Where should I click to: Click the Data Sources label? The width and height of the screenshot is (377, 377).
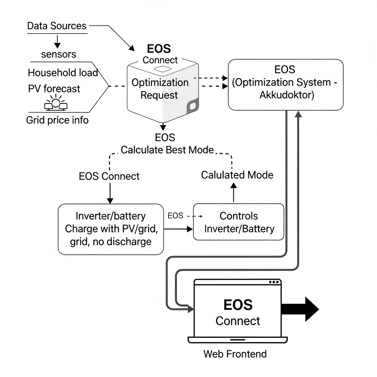coord(57,26)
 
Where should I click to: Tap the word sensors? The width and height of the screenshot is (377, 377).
coord(59,54)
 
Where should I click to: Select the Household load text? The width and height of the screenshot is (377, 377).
coord(63,73)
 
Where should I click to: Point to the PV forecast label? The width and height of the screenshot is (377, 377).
coord(54,89)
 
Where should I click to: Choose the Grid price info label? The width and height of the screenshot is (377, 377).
coord(57,120)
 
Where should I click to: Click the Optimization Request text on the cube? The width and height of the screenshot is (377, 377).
coord(160,89)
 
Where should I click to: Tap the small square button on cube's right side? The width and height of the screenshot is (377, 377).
coord(193,107)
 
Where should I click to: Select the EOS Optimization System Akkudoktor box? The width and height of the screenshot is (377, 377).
coord(285,84)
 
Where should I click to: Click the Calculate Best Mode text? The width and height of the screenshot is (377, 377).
coord(167,150)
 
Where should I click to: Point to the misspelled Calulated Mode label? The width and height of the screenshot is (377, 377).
coord(237,175)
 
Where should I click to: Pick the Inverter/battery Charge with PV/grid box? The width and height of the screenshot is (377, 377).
coord(111,229)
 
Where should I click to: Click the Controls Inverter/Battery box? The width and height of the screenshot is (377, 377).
coord(239,222)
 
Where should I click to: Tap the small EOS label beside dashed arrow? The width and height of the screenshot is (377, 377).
coord(175,216)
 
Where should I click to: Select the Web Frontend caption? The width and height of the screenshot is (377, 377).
coord(235,354)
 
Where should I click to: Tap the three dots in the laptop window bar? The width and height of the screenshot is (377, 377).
coord(274,282)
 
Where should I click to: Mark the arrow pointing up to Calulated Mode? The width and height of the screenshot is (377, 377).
coord(233,193)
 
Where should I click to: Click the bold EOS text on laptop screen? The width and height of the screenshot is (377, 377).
coord(238,305)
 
